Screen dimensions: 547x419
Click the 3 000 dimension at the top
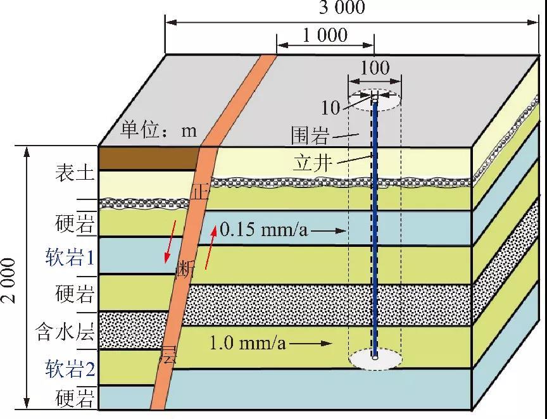(343, 8)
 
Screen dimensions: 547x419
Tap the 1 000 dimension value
(325, 35)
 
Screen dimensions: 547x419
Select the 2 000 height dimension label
(9, 280)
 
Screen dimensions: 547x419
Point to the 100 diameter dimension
(375, 68)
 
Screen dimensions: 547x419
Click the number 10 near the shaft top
(330, 108)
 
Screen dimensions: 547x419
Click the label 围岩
(310, 135)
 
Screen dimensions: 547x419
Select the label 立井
(312, 163)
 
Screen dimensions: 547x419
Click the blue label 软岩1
(70, 258)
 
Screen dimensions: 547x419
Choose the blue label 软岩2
(70, 368)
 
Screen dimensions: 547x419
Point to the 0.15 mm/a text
(264, 230)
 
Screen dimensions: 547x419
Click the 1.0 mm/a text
(248, 343)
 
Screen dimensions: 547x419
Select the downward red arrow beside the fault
(170, 241)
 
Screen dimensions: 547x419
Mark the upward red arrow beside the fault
(211, 247)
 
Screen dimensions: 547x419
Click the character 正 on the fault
(201, 192)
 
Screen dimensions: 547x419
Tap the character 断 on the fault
(185, 269)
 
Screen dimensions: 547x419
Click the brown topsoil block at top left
(149, 159)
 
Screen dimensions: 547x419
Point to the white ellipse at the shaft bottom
(375, 359)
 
